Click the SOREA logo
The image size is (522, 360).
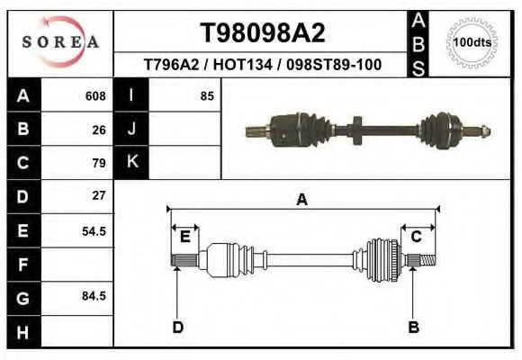click(x=59, y=42)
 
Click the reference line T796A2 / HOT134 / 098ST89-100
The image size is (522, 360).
click(x=262, y=65)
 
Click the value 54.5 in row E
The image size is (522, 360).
click(x=94, y=230)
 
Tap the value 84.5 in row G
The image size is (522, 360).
click(x=94, y=296)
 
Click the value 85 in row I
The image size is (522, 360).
click(x=207, y=96)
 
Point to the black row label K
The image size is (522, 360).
click(x=132, y=163)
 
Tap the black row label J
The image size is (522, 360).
click(x=132, y=130)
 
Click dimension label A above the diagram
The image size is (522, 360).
click(x=301, y=200)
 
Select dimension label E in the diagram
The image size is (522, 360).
click(x=184, y=237)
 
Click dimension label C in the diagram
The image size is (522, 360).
click(x=417, y=237)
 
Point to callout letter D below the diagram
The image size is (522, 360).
click(x=177, y=327)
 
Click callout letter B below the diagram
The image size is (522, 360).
click(x=414, y=327)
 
